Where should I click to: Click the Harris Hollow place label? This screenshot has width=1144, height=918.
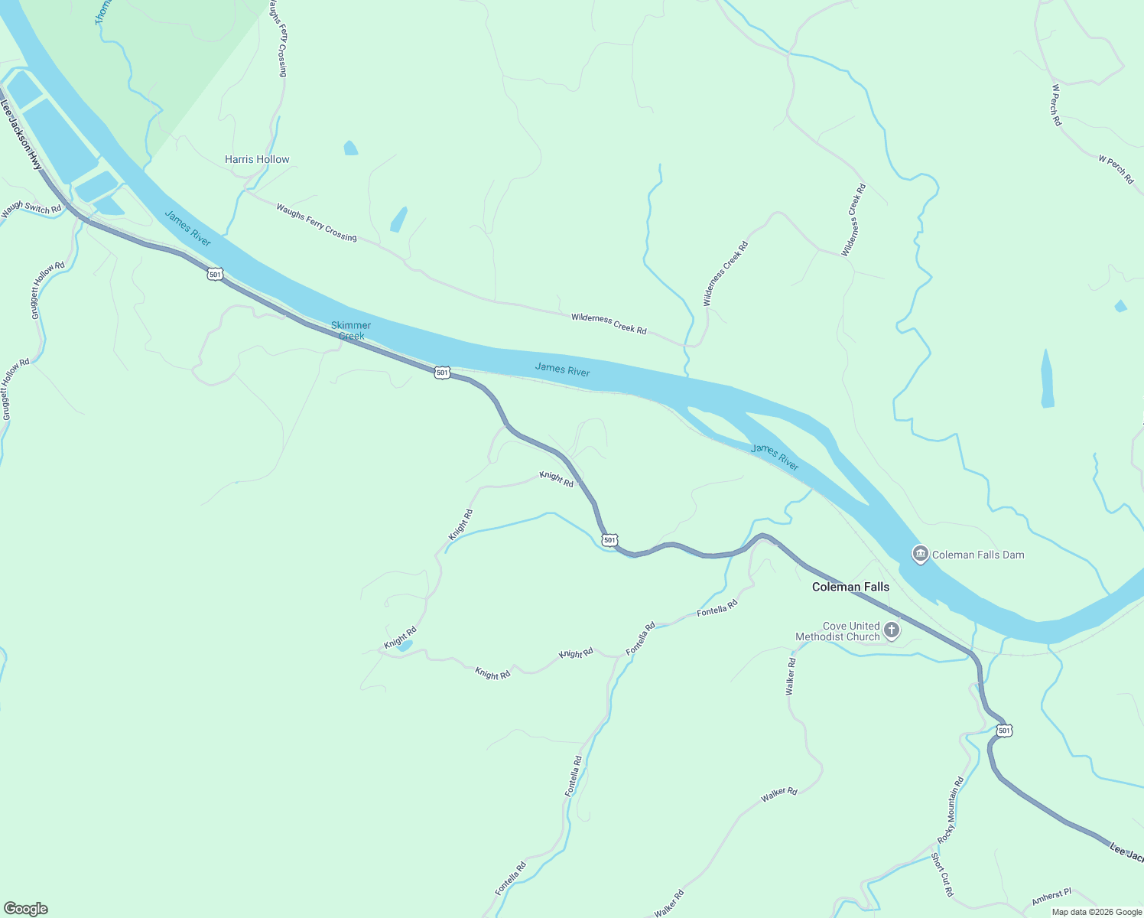[257, 159]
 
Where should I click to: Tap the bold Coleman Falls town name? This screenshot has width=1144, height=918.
[850, 587]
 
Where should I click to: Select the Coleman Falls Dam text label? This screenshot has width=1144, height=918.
[978, 555]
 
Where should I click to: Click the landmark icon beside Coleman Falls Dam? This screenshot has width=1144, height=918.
[920, 553]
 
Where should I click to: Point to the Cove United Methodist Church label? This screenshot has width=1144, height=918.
[837, 631]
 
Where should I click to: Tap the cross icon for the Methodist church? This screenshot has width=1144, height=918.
[891, 630]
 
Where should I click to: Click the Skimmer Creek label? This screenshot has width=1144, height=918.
[351, 330]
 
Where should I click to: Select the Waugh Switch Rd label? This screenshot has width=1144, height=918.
[31, 207]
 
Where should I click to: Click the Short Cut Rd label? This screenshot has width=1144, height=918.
[943, 874]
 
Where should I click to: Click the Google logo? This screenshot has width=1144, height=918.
[25, 909]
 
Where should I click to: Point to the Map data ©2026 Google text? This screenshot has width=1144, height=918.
[1097, 912]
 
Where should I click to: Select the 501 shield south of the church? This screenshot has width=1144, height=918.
[1004, 731]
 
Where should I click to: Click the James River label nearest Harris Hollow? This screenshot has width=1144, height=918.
[188, 228]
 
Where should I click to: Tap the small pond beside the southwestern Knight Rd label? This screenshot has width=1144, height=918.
[405, 646]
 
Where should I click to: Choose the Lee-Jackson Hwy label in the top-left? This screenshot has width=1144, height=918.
[21, 135]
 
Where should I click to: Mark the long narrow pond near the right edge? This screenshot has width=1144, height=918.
[1047, 379]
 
